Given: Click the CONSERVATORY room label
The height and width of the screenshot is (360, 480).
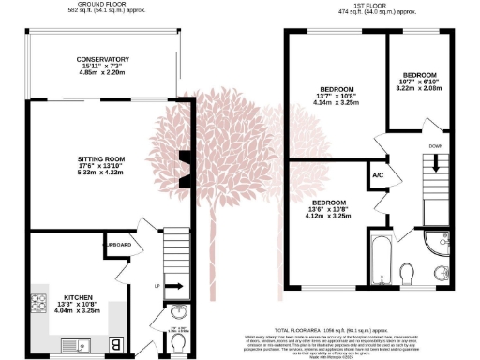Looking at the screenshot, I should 103,59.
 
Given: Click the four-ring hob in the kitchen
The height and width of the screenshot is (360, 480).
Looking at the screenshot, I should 40,302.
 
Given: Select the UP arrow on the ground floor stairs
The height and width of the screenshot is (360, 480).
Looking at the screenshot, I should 157,285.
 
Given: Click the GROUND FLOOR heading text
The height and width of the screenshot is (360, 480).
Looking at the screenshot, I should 103,5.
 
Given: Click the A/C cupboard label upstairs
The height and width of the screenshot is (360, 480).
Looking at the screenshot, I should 378,175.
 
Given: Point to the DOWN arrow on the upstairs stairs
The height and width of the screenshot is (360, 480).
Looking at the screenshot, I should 433,164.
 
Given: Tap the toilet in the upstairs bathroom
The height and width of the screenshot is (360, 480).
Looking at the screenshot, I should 407,274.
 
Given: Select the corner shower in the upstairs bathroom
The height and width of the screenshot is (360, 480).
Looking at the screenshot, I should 440,244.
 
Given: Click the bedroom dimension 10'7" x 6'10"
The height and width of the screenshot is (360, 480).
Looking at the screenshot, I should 419,82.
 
